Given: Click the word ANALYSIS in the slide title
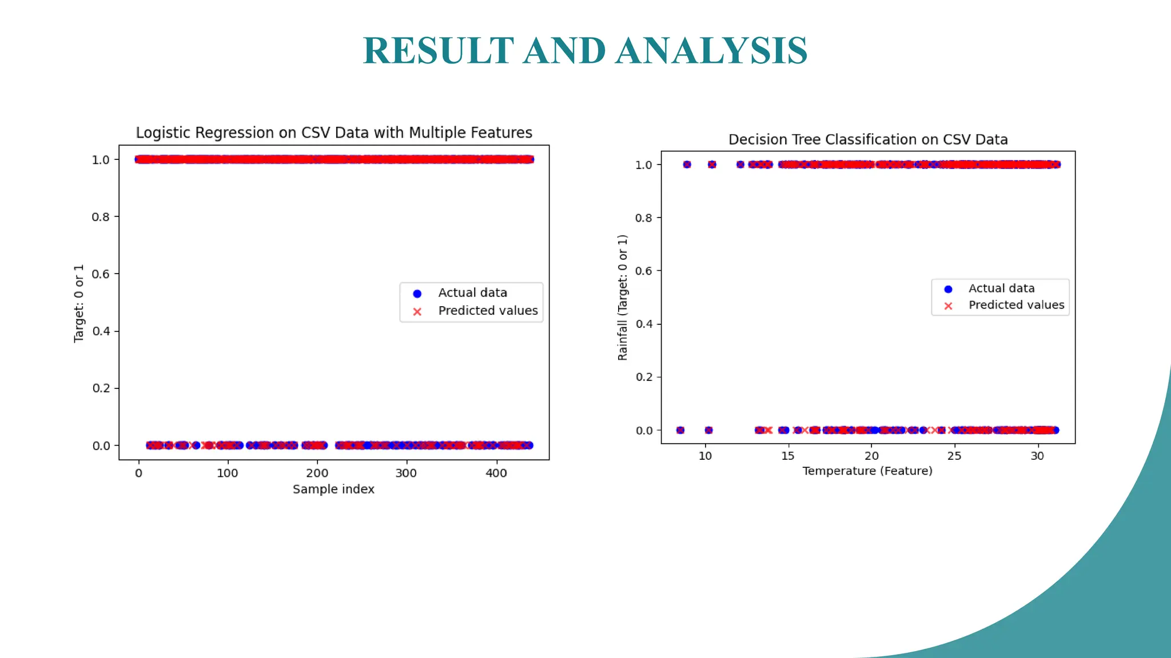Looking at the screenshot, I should pos(711,51).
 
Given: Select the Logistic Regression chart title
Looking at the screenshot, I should pos(334,133).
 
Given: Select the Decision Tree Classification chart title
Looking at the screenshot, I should pos(867,139).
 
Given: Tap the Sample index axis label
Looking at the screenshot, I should pos(333,489).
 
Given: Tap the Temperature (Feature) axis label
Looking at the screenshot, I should pos(867,471).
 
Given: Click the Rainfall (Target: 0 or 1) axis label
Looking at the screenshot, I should pos(622,297).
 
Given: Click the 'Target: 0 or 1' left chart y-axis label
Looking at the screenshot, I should pos(78,303).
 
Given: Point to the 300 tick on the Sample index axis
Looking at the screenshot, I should pos(406,473).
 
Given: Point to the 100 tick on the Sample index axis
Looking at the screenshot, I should pos(228,473).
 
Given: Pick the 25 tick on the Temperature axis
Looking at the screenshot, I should pos(954,456).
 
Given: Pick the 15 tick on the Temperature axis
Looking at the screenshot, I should pos(788,456).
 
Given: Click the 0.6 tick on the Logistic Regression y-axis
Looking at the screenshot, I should pos(101,274).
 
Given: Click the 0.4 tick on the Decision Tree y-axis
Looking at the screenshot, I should pos(644,324).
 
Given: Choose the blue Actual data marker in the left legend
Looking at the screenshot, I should pos(417,294).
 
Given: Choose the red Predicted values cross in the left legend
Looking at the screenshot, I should pos(417,312).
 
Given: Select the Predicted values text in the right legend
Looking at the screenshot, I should pos(1016,305).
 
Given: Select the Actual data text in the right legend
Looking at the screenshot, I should pos(1001,288).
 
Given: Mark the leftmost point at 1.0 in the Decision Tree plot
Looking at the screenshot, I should pos(687,164).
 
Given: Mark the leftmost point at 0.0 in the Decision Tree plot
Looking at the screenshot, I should pos(680,430).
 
